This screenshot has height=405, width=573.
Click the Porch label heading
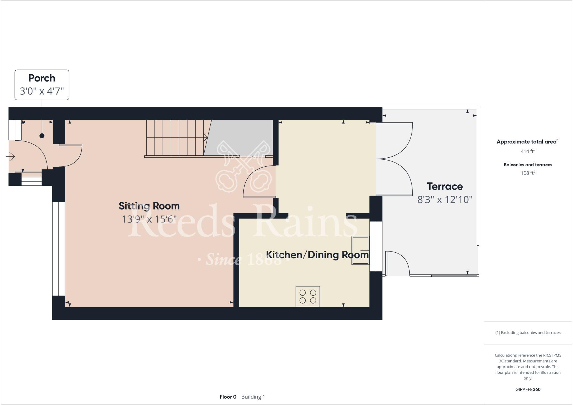coord(42,78)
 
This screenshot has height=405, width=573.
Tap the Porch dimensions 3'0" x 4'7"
coord(42,91)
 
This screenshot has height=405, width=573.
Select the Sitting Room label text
coord(149,206)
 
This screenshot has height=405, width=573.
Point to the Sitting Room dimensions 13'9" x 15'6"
coord(149,219)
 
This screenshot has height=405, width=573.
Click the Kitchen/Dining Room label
coord(317,255)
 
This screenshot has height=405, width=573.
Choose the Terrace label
coord(445,187)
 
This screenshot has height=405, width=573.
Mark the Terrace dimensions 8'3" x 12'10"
coord(445,200)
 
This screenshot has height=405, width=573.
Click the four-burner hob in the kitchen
coord(308,297)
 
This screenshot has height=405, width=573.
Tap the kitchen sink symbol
coord(360,250)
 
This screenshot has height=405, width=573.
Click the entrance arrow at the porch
coord(10,156)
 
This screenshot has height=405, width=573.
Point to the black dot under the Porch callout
coord(42,136)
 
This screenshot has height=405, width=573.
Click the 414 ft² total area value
coord(528,151)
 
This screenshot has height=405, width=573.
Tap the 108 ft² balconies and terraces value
coord(528,173)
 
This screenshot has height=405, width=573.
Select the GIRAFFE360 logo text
coord(528,389)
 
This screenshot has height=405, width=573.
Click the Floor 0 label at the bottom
coord(228,397)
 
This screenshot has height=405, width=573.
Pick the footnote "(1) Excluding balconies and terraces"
coord(528,333)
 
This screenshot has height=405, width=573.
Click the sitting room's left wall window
coord(58,249)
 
